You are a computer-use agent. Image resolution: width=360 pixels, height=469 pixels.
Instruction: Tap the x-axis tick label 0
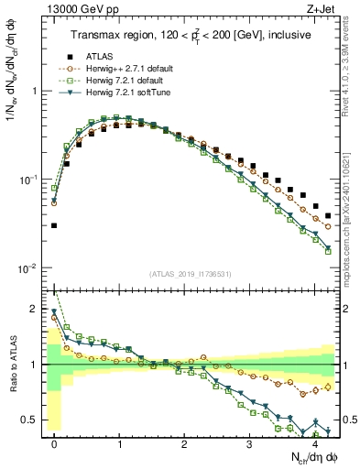[54, 442]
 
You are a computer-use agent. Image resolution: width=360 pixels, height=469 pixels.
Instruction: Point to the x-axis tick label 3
[249, 442]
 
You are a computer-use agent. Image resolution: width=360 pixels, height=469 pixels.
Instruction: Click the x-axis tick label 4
[314, 442]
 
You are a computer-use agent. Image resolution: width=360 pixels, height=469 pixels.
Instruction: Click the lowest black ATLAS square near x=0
[54, 225]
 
